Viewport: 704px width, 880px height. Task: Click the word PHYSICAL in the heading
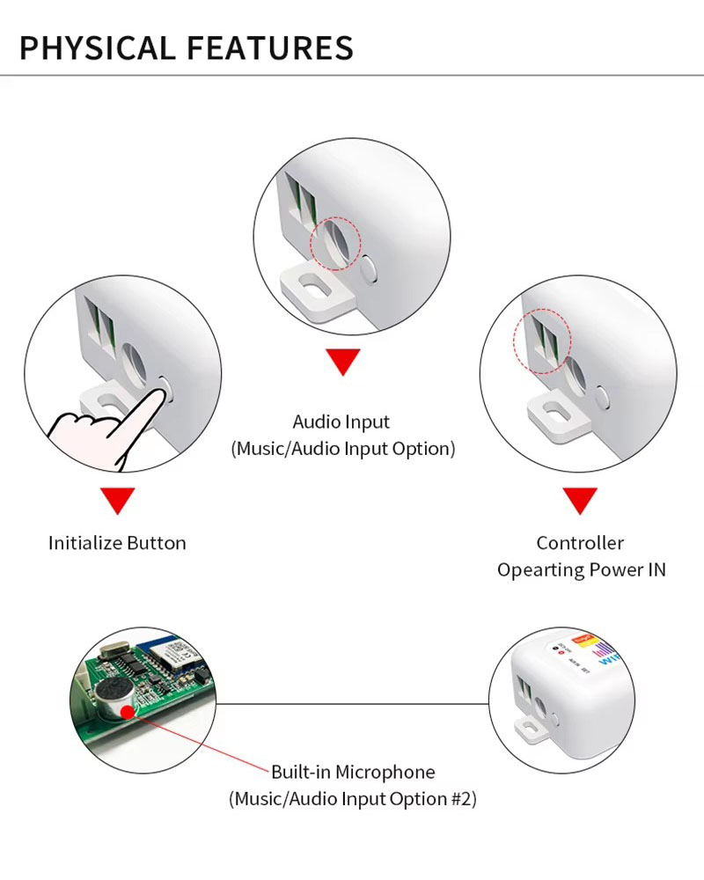pyautogui.click(x=97, y=48)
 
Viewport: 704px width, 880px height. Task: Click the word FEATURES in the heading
pyautogui.click(x=270, y=48)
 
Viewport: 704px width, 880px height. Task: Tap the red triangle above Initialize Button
pyautogui.click(x=117, y=500)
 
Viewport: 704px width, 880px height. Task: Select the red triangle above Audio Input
pyautogui.click(x=342, y=362)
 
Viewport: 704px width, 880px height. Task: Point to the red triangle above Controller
pyautogui.click(x=579, y=501)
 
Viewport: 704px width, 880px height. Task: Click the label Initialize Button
pyautogui.click(x=117, y=543)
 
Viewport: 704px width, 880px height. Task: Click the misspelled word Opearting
pyautogui.click(x=540, y=570)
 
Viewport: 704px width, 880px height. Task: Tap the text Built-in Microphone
pyautogui.click(x=353, y=772)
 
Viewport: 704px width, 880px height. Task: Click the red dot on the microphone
pyautogui.click(x=128, y=712)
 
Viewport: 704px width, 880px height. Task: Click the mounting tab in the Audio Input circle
pyautogui.click(x=318, y=294)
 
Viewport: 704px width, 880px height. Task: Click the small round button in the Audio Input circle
pyautogui.click(x=369, y=269)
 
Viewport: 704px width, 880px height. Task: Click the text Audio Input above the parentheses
pyautogui.click(x=341, y=422)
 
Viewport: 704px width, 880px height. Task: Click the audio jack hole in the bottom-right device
pyautogui.click(x=540, y=707)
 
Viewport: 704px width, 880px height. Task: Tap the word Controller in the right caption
pyautogui.click(x=580, y=543)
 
